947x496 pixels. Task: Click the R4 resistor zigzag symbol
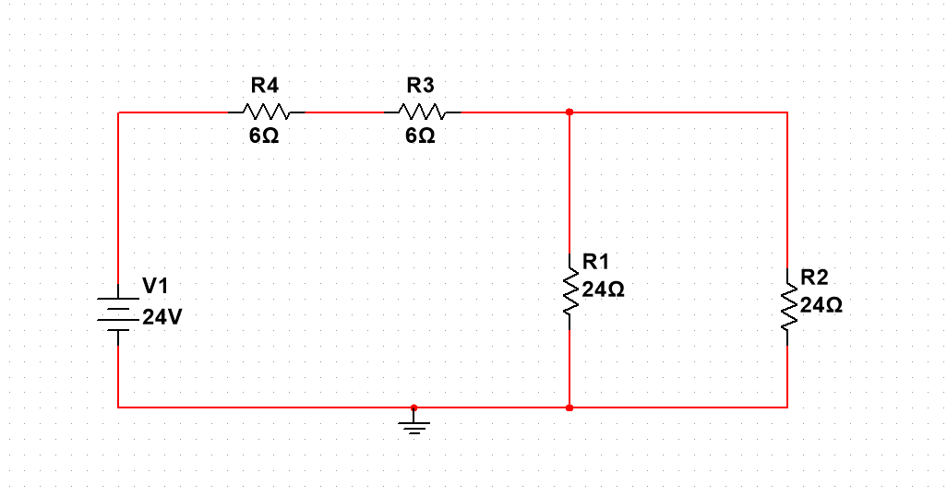point(267,112)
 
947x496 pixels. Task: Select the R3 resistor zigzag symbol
point(423,112)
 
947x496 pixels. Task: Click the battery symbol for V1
point(118,313)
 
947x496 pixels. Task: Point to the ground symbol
point(414,425)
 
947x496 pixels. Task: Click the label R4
point(265,86)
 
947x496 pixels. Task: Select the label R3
point(420,86)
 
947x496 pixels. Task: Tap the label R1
point(595,262)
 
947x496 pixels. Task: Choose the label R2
point(814,277)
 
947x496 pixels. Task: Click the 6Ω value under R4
point(264,136)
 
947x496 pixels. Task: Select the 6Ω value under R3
point(420,136)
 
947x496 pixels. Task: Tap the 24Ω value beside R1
point(604,289)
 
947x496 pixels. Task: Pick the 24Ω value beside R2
point(821,304)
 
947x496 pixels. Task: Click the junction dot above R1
point(569,112)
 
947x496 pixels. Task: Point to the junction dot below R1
point(569,407)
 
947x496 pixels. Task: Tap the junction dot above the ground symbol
point(414,407)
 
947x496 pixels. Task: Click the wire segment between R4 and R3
point(344,112)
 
